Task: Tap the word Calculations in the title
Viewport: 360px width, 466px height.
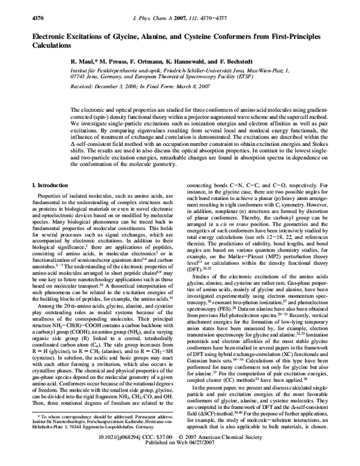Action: coord(52,46)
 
